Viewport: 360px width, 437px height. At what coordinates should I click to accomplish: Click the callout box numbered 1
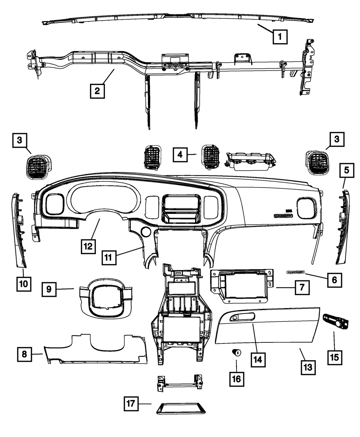[280, 36]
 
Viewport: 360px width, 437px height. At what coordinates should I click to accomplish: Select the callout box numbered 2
[97, 91]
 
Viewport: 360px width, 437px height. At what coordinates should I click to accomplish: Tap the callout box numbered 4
[180, 155]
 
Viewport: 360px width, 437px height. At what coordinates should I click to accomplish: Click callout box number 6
[334, 279]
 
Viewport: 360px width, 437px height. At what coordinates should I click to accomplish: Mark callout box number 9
[49, 289]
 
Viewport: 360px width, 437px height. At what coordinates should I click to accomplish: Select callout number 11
[108, 258]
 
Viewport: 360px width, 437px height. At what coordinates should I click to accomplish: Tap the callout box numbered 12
[88, 247]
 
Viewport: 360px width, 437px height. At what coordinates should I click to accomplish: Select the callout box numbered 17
[131, 404]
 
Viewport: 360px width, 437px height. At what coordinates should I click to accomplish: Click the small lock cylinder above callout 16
[237, 353]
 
